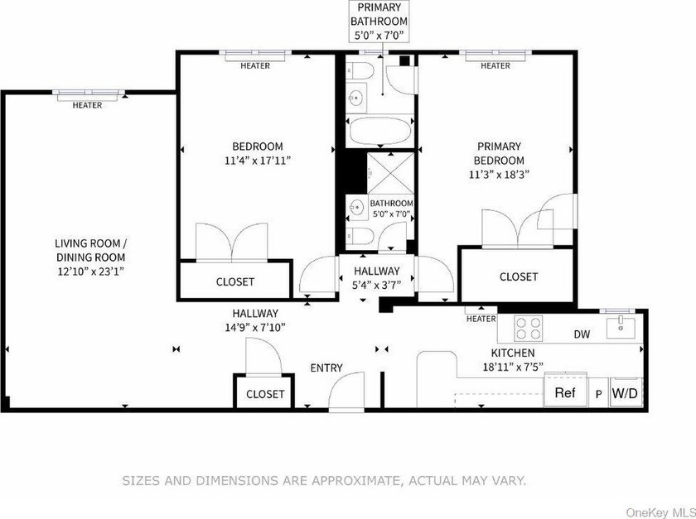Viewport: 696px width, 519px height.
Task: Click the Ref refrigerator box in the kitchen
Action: coord(566,392)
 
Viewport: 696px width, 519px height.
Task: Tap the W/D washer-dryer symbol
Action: coord(626,392)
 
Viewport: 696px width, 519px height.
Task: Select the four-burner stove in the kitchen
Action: coord(529,328)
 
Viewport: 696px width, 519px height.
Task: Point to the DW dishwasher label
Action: coord(582,334)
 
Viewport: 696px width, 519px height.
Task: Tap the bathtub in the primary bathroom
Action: coord(379,131)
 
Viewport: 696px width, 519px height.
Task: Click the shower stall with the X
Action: coord(390,173)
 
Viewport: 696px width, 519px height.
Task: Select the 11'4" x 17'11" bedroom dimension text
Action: coord(258,160)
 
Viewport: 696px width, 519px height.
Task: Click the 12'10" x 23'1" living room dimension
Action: coord(90,271)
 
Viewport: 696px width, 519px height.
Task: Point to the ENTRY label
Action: coord(326,368)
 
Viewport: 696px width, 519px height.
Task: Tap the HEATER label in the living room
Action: coord(88,105)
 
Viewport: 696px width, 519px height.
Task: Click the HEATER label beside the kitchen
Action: coord(481,319)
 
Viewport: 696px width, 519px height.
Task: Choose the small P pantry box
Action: coord(599,392)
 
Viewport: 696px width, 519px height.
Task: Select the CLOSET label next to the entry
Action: coord(265,394)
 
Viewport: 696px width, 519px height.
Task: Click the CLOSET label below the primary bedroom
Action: coord(519,276)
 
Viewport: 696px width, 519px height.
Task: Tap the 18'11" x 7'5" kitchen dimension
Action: coord(513,367)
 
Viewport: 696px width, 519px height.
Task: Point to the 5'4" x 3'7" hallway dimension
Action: coord(376,285)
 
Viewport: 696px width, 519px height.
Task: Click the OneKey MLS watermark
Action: coord(661,512)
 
